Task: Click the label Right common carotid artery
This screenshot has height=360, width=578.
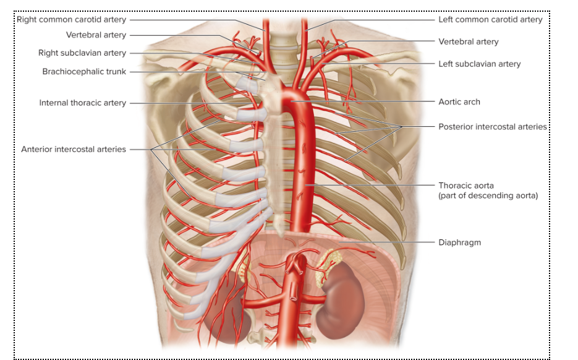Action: [x=72, y=20]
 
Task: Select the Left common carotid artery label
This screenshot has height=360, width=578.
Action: [x=490, y=20]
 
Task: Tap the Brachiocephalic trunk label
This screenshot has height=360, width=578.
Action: [x=84, y=72]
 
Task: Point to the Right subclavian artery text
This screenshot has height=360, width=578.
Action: [x=82, y=53]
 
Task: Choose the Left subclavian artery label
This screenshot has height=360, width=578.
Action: [x=480, y=64]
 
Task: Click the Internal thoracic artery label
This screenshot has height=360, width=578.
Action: [x=83, y=103]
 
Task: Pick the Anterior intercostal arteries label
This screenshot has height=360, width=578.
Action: [x=74, y=149]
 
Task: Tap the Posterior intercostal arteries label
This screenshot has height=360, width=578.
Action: [x=493, y=127]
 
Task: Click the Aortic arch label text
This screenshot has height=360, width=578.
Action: [x=459, y=102]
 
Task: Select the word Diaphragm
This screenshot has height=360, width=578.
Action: [x=460, y=242]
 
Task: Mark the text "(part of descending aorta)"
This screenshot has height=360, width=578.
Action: [x=488, y=195]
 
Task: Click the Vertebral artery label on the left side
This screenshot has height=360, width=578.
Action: [x=96, y=35]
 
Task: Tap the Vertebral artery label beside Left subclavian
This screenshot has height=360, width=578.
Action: [x=468, y=41]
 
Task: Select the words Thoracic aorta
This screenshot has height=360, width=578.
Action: [x=466, y=186]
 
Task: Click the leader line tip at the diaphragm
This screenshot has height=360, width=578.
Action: [x=339, y=242]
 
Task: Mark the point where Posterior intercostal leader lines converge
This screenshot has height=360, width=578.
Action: [x=402, y=127]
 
